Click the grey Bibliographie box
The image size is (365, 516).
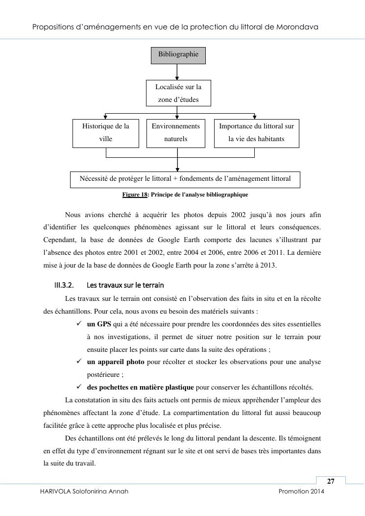(x=178, y=55)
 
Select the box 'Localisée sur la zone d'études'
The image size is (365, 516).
(x=178, y=93)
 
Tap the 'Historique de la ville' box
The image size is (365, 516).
(x=106, y=133)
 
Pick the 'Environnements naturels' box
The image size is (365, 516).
(x=176, y=133)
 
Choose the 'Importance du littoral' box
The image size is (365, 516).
(x=256, y=133)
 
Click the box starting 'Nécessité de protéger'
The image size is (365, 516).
(x=185, y=179)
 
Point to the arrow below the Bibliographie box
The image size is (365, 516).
(x=177, y=72)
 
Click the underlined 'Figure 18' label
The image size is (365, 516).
(x=135, y=195)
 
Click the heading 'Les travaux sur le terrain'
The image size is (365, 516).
(x=125, y=285)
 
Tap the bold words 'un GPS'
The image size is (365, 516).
(x=99, y=324)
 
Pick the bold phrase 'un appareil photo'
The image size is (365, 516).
(x=116, y=362)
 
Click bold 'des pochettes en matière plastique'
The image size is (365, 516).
(x=140, y=387)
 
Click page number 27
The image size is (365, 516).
(x=331, y=481)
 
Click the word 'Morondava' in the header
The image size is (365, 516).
(x=297, y=27)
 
